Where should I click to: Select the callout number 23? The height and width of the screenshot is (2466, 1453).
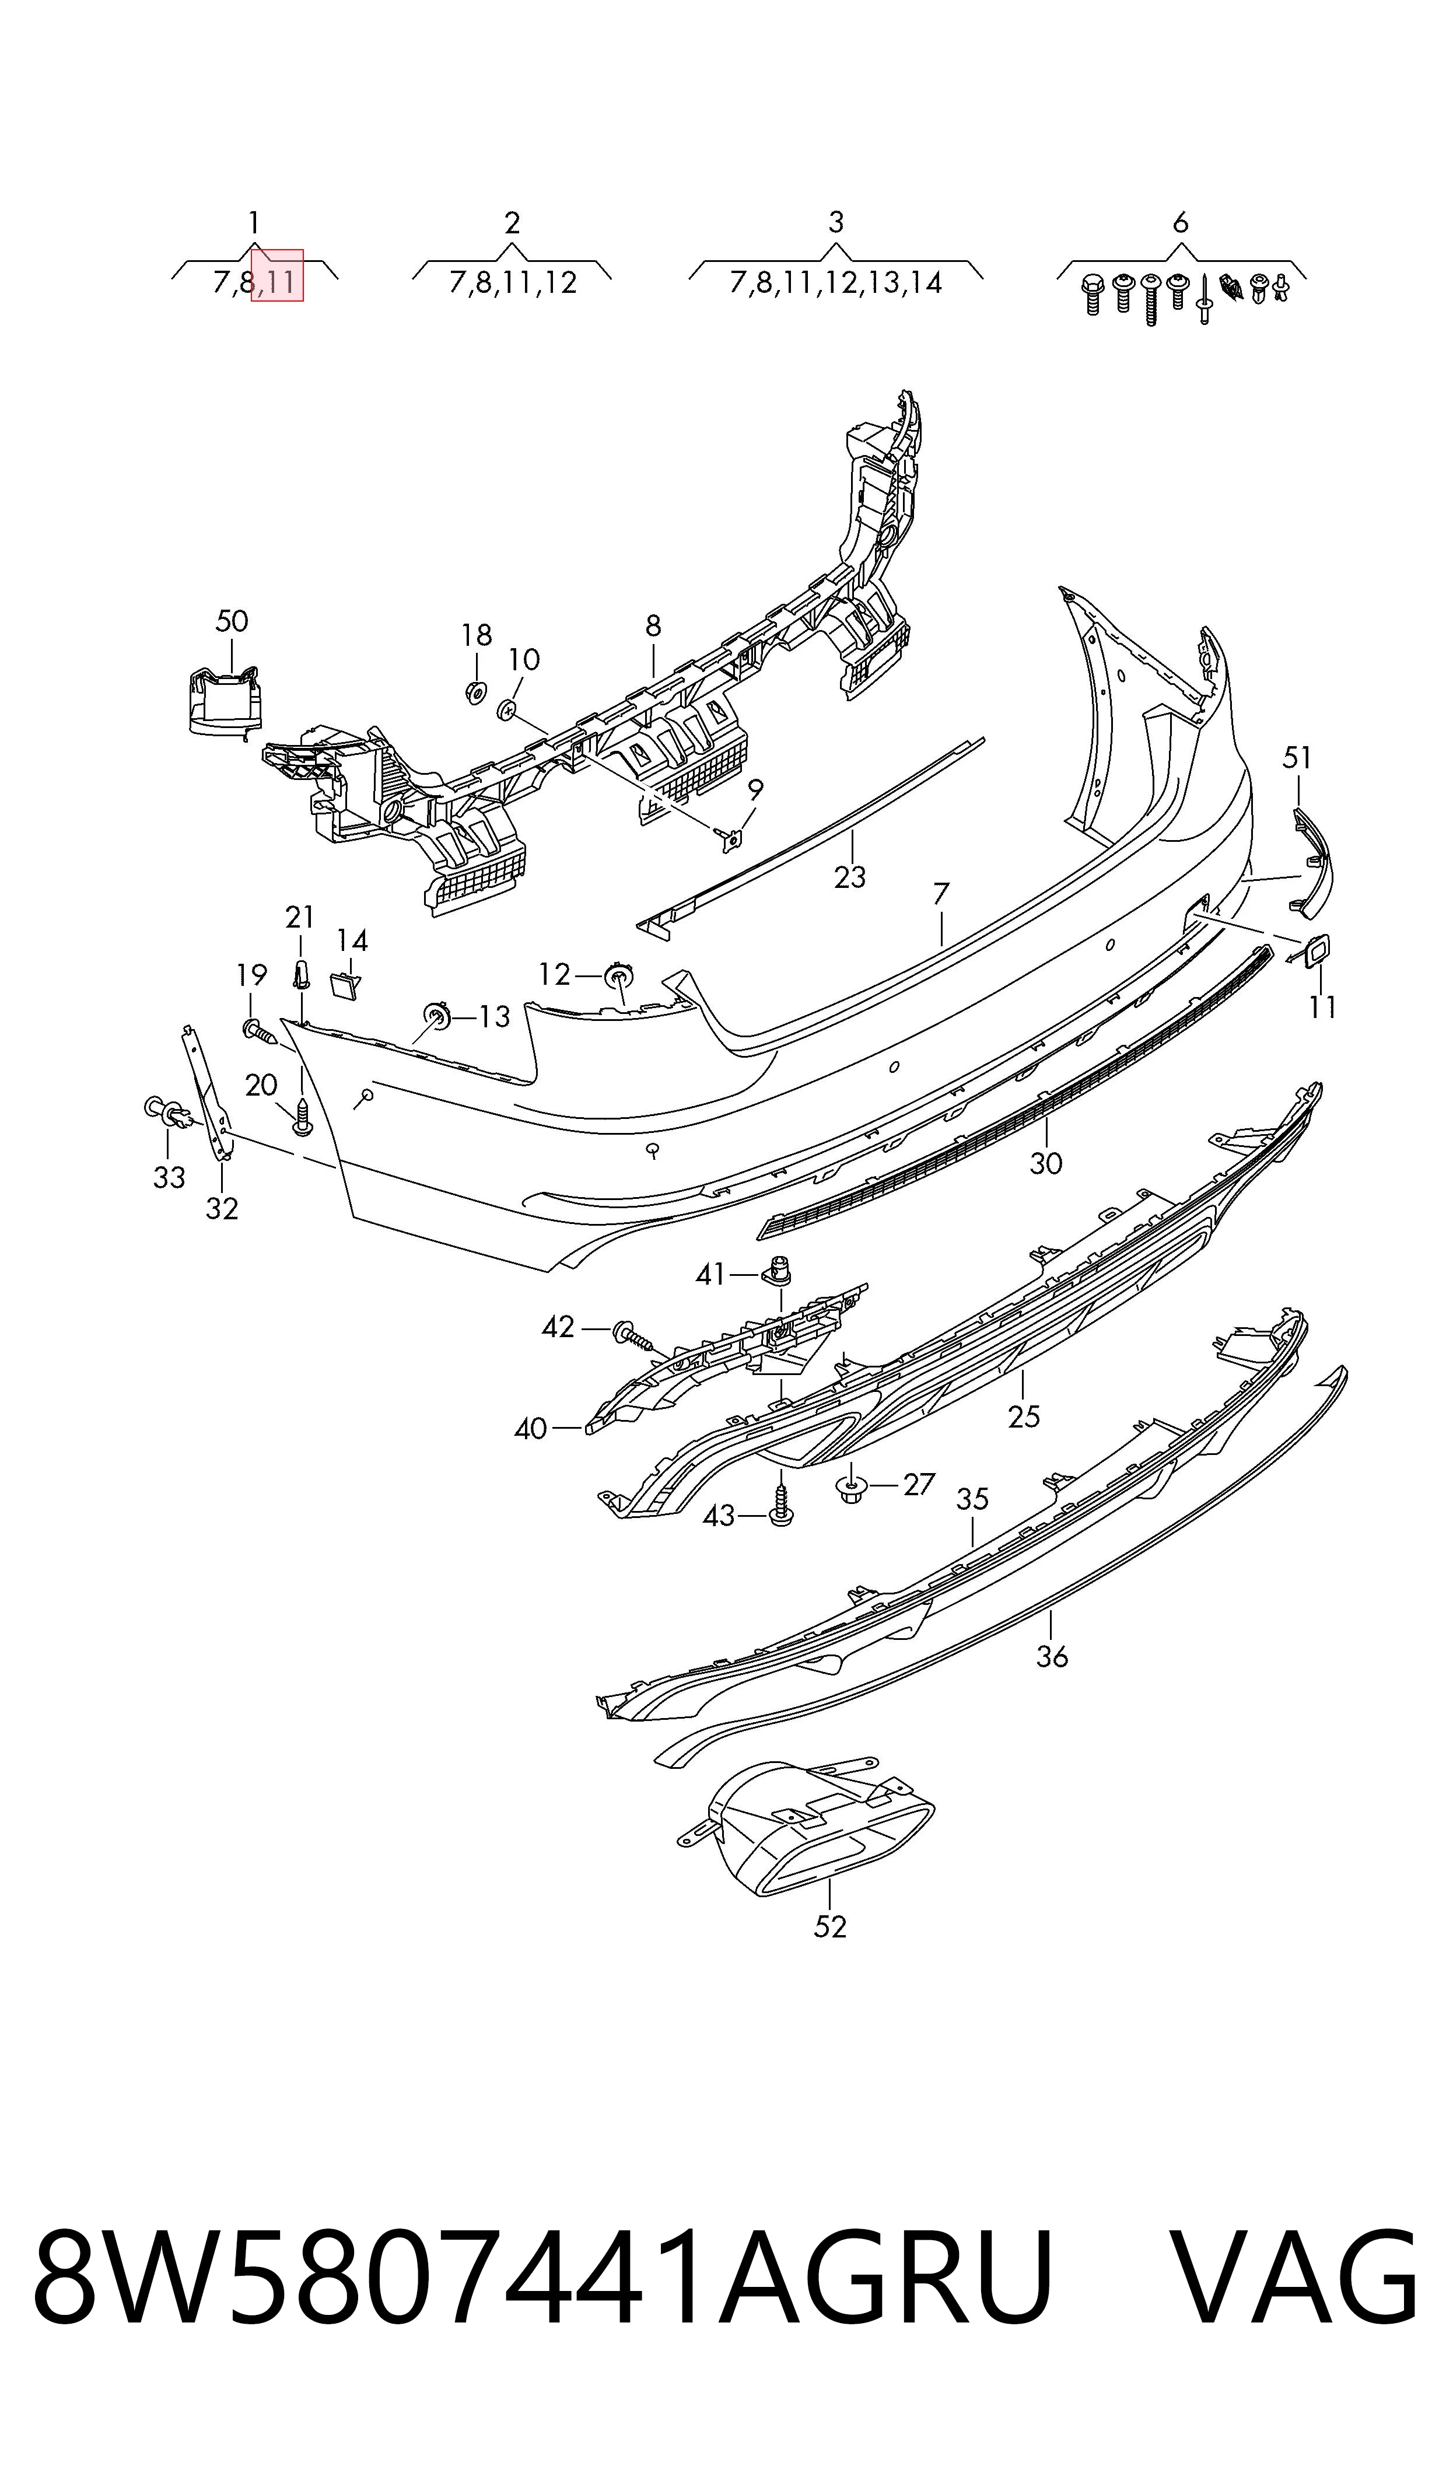pos(850,876)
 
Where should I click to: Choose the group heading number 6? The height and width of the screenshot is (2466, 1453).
pos(1180,223)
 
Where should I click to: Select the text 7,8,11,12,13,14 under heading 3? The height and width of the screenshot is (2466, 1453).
pos(835,283)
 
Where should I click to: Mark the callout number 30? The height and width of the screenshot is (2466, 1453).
pos(1046,1163)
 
